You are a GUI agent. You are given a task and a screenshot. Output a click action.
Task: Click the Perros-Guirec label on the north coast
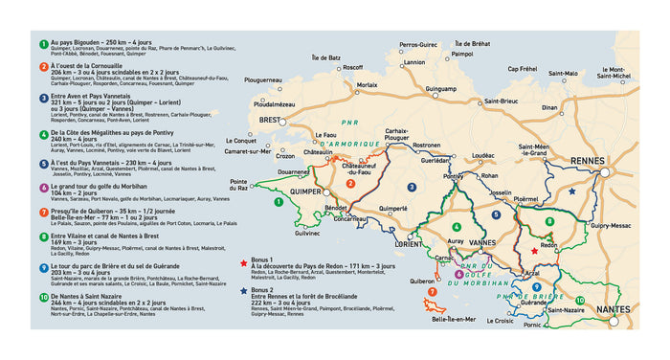pos(417,45)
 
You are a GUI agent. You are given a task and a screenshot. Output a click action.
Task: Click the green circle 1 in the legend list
pos(43,43)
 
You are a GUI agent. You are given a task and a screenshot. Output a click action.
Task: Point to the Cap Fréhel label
pos(522,68)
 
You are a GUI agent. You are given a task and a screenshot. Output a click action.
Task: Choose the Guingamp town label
pos(440,88)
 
